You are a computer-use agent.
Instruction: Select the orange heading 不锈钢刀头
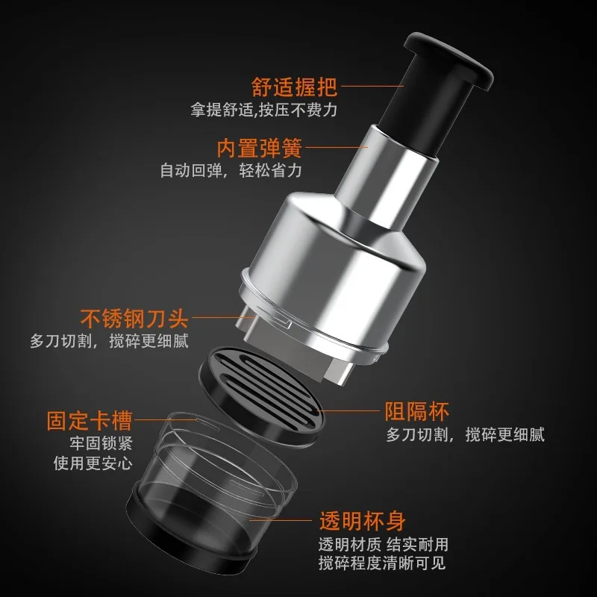[x=134, y=319]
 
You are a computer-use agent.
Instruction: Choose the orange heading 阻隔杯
[x=417, y=410]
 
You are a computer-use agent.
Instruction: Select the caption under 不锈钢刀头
[x=109, y=342]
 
